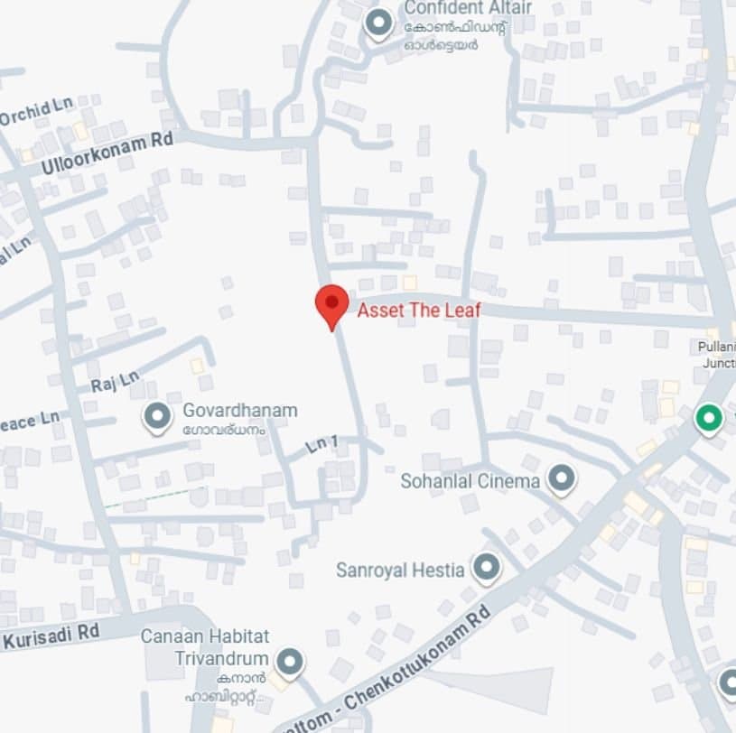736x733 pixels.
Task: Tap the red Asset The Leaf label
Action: (x=419, y=311)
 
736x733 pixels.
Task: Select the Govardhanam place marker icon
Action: (x=158, y=417)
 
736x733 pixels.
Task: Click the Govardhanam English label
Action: (x=239, y=411)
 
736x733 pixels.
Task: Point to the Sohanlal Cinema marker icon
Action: (x=562, y=479)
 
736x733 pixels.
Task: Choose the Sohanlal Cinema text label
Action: (x=470, y=481)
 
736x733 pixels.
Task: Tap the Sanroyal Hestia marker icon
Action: (x=487, y=568)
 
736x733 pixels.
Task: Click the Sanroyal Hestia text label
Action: (x=400, y=570)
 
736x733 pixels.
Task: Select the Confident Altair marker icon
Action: (x=377, y=23)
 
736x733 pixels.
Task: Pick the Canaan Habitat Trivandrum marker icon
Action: (x=289, y=663)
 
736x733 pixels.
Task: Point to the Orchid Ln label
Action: (x=36, y=112)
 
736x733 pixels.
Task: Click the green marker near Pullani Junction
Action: (x=709, y=419)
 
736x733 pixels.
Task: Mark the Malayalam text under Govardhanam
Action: (x=224, y=430)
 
